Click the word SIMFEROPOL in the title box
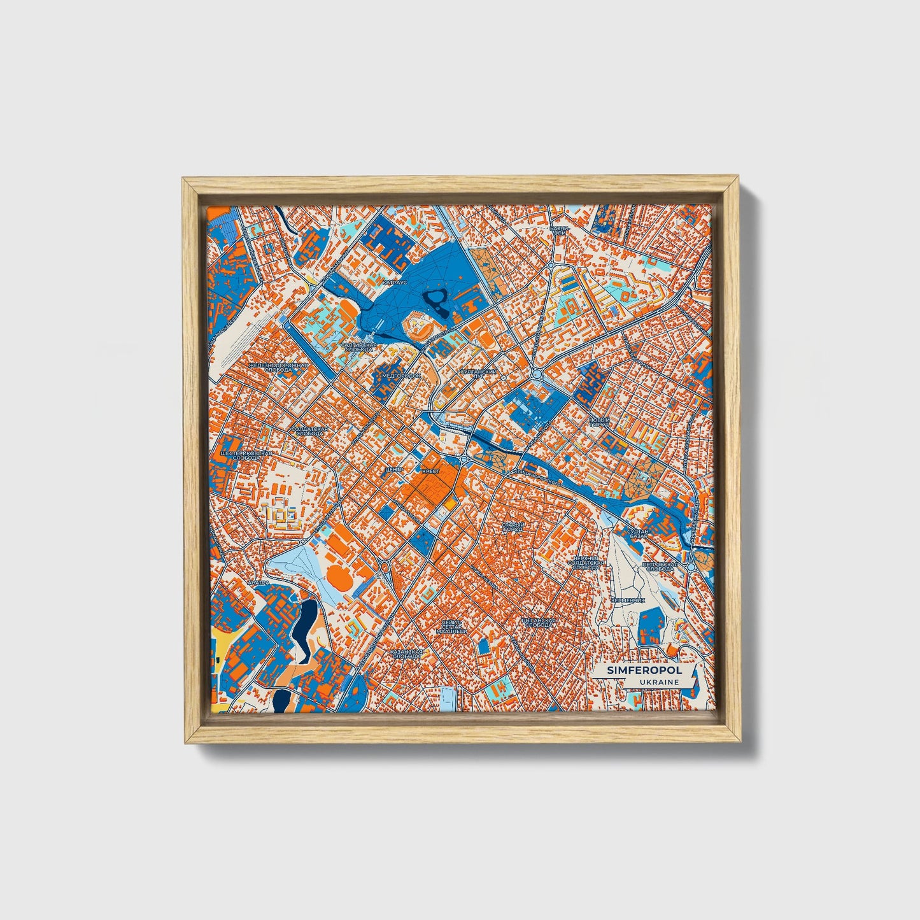[x=635, y=670]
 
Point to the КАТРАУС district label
[x=396, y=280]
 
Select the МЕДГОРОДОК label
[x=401, y=376]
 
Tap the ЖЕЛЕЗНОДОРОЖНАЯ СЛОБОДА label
[x=278, y=367]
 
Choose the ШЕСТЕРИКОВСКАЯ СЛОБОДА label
[x=246, y=456]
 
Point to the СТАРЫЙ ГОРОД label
[x=513, y=527]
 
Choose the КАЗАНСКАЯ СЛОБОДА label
[x=406, y=655]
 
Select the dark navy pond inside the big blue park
[x=436, y=297]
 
